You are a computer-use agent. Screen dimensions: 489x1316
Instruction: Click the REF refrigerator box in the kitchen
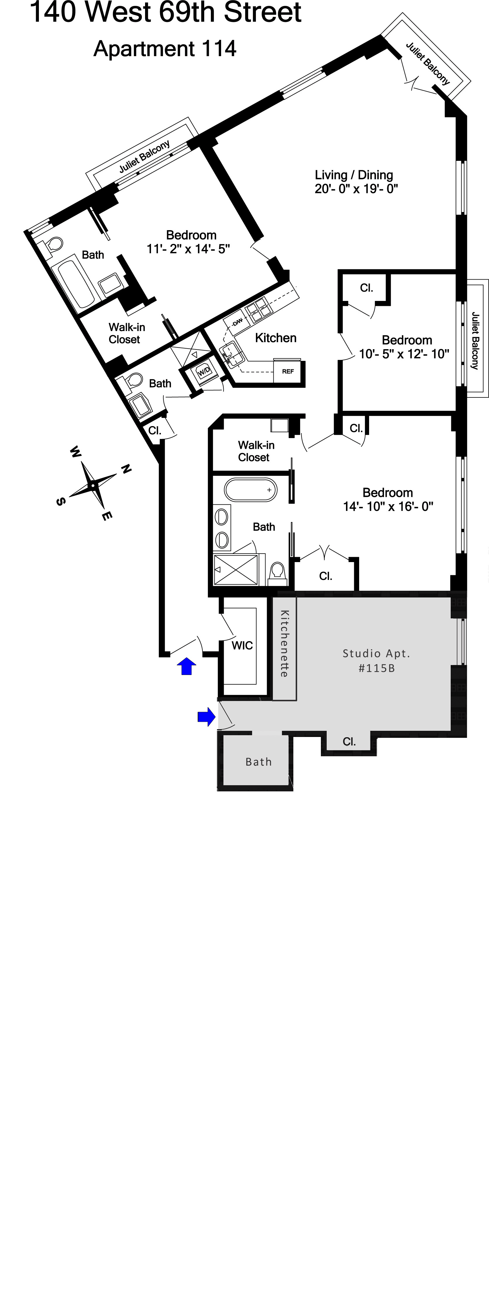288,371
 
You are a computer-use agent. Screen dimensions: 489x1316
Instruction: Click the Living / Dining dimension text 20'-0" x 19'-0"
356,189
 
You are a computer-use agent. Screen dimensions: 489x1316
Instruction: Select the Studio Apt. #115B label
377,661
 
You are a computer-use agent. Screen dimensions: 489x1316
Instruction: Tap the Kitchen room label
276,338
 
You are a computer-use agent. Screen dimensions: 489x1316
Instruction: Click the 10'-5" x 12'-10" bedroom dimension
404,354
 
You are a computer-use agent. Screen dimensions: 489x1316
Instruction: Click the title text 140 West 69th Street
166,12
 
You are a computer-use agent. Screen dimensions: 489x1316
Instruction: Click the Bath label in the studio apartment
259,762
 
